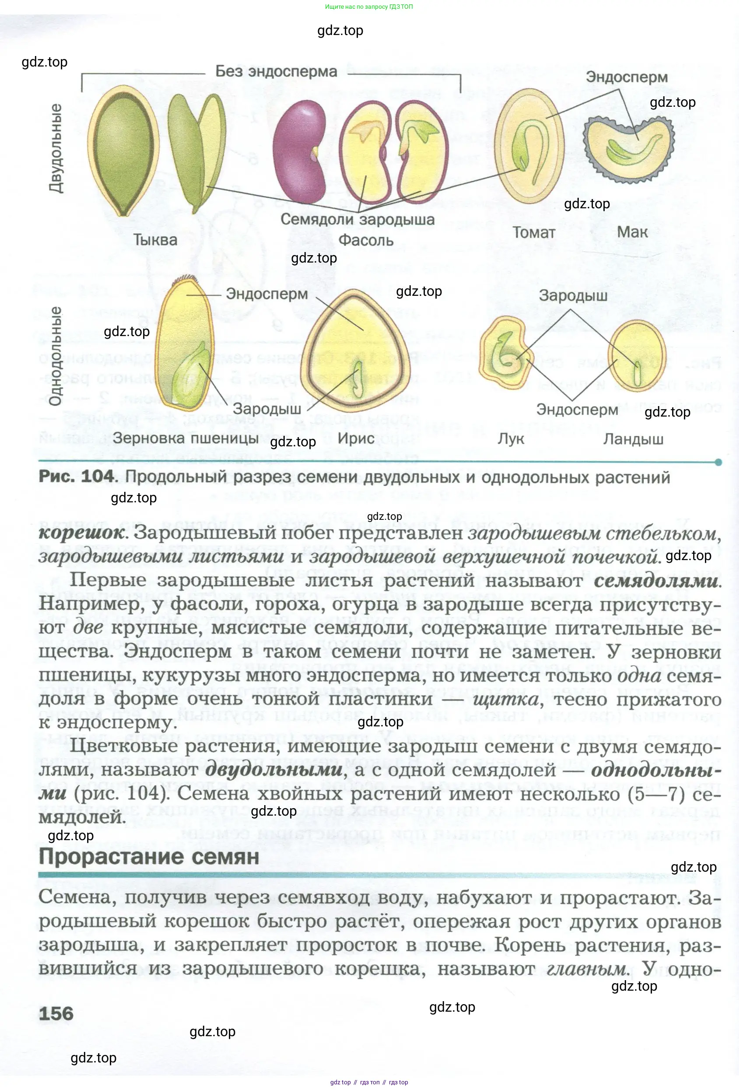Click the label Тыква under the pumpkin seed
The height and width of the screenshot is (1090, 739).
click(155, 240)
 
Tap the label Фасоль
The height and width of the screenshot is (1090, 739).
click(366, 241)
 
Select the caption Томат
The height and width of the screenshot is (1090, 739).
click(534, 233)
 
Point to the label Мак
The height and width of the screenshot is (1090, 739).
click(632, 232)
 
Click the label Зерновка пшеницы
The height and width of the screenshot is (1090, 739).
click(185, 438)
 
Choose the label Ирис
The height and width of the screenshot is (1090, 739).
click(356, 438)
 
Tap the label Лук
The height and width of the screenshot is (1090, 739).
click(511, 439)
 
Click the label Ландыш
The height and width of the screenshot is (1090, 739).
click(633, 439)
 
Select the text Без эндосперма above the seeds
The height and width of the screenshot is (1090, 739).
click(276, 72)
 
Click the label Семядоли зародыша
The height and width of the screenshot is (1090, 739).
click(357, 220)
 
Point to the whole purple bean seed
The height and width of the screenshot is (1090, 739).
click(299, 151)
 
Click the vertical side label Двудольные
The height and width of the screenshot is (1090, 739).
click(56, 148)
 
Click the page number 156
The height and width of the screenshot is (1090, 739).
click(56, 1014)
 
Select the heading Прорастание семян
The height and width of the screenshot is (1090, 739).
click(149, 856)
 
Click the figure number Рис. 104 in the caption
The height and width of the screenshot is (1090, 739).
click(77, 477)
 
